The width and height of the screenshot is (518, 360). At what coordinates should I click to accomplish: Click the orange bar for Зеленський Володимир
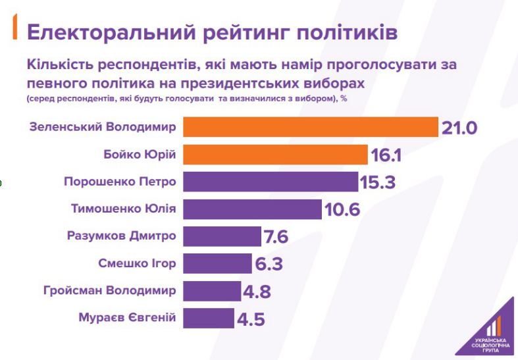[x=310, y=126]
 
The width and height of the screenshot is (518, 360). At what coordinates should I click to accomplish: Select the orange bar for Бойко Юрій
[x=275, y=155]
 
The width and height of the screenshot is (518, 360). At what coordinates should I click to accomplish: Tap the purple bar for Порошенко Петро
[x=270, y=182]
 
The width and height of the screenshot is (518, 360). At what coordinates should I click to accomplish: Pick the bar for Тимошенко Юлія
[x=252, y=209]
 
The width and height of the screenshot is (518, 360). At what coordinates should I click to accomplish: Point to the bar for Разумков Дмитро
[x=222, y=236]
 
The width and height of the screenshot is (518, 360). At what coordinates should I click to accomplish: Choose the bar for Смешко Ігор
[x=217, y=264]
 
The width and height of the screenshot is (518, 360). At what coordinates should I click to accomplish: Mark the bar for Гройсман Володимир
[x=212, y=291]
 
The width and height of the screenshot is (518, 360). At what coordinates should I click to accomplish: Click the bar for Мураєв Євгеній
[x=208, y=319]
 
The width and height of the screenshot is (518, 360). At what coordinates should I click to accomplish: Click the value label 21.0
[x=459, y=127]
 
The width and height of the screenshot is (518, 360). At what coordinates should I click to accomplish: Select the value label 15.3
[x=377, y=182]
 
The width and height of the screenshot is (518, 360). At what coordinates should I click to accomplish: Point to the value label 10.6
[x=342, y=210]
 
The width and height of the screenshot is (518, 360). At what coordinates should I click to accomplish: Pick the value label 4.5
[x=250, y=320]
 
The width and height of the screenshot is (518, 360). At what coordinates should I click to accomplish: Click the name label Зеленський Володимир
[x=103, y=126]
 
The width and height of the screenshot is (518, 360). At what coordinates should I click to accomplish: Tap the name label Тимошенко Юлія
[x=123, y=209]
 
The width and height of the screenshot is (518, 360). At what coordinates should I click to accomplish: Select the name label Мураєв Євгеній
[x=127, y=319]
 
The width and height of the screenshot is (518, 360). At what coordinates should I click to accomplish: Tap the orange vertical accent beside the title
[x=15, y=30]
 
